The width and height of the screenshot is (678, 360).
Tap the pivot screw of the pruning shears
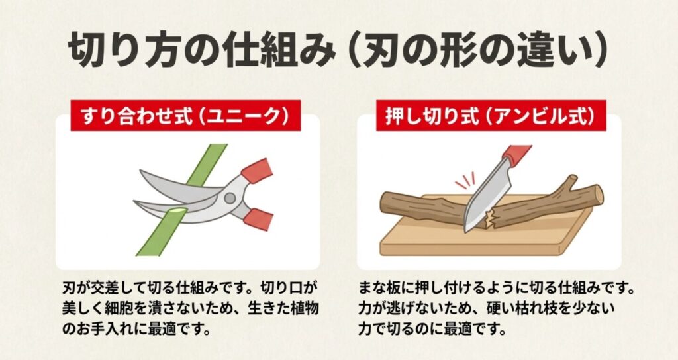229,197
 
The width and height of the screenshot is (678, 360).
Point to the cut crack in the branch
491,216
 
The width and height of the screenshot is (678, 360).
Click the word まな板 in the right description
385,290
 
